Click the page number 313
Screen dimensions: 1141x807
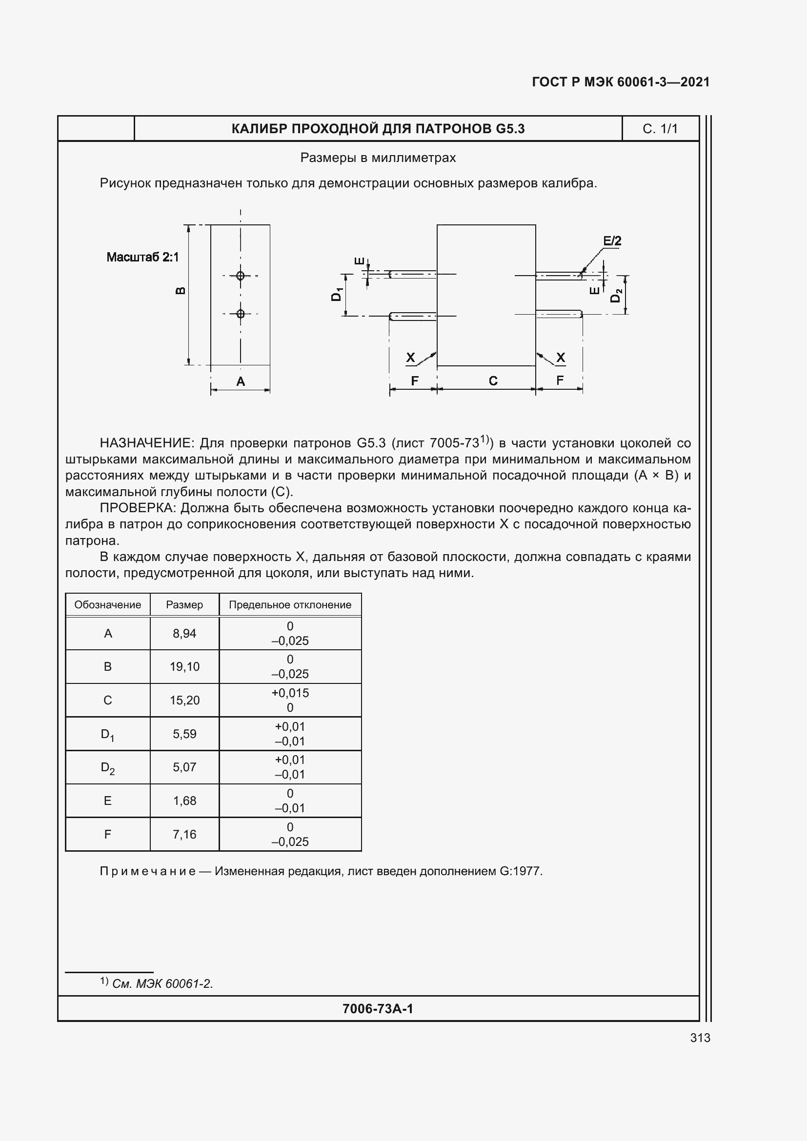point(700,1038)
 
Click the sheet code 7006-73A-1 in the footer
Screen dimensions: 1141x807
point(378,1008)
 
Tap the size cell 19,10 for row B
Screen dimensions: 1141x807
point(184,666)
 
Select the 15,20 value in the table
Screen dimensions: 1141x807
point(184,700)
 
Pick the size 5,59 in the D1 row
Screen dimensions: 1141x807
point(184,734)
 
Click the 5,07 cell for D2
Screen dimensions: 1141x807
point(184,767)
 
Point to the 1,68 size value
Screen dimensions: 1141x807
point(184,801)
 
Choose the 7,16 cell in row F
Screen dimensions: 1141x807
point(184,834)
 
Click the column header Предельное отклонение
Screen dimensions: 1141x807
point(290,605)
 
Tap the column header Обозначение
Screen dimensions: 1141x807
point(107,605)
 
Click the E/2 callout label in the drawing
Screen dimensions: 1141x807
point(612,241)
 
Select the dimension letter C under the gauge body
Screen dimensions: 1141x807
point(493,380)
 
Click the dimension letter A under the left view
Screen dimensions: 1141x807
point(241,381)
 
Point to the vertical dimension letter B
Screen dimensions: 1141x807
point(181,291)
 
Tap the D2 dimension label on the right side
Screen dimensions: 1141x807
point(616,295)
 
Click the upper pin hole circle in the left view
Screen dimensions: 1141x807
point(241,275)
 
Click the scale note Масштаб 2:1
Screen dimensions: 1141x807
point(142,257)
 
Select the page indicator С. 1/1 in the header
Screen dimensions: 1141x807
point(660,129)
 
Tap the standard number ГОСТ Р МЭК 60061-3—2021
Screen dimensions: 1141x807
point(621,82)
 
